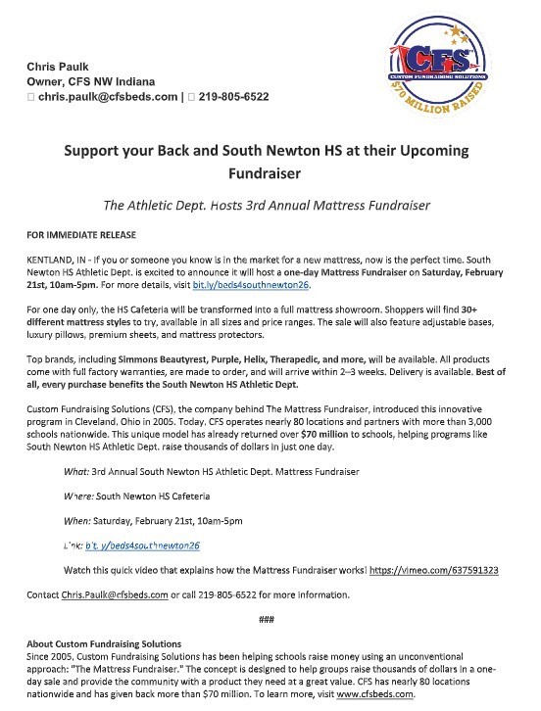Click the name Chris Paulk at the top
pyautogui.click(x=60, y=66)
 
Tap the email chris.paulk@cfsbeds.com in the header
pyautogui.click(x=111, y=98)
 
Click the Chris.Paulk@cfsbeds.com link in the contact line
pyautogui.click(x=109, y=593)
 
